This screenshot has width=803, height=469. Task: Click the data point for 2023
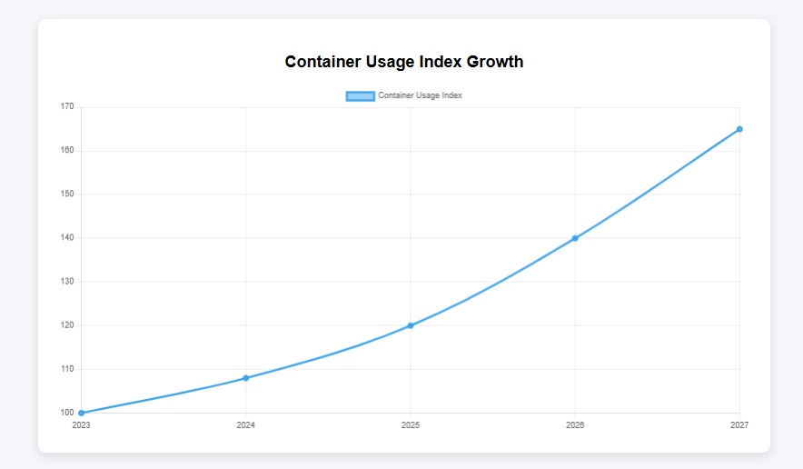81,413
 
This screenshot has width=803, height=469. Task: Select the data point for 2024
245,378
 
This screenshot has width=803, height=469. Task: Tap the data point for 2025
411,325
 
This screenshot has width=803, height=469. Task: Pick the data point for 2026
575,238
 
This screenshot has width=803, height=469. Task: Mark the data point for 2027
739,129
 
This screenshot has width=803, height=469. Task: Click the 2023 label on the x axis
81,424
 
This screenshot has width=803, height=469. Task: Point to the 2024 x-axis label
245,424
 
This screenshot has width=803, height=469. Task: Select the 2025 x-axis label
411,424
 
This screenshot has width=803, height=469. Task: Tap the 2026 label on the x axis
575,424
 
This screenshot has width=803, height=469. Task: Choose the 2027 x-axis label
739,424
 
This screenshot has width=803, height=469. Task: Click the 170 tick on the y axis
67,107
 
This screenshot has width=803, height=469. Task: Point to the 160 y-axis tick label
67,151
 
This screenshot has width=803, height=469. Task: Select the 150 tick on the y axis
67,195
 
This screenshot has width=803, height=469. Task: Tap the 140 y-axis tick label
67,238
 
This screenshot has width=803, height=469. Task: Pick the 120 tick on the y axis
67,325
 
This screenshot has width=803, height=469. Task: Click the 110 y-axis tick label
67,369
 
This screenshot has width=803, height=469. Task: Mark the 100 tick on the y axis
67,413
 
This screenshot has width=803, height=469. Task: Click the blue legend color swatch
360,95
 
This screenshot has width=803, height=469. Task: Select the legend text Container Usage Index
420,95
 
